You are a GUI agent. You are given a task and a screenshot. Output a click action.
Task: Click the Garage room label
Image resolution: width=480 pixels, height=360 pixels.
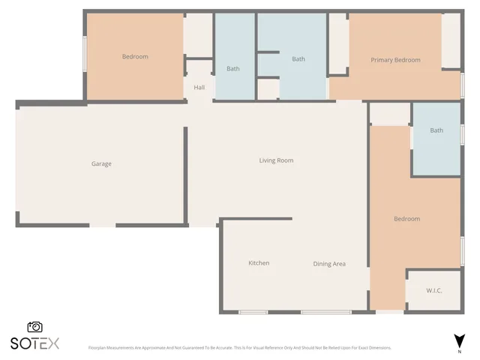point(101,163)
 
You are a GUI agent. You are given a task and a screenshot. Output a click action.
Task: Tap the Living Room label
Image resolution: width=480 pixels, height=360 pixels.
point(276,160)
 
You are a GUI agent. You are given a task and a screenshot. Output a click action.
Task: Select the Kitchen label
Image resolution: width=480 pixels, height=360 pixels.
point(259,263)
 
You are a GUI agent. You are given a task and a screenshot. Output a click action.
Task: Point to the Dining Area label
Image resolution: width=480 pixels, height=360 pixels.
point(329,264)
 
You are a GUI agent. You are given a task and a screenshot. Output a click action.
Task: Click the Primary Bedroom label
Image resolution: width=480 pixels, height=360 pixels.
point(395,60)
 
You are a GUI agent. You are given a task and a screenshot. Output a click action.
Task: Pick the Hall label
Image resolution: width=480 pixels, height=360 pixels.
point(199,88)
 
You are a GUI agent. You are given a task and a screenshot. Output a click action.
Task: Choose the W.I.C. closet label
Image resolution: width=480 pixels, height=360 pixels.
point(433,290)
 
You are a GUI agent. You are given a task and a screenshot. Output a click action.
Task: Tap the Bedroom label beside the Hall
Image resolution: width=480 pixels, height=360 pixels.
point(135,57)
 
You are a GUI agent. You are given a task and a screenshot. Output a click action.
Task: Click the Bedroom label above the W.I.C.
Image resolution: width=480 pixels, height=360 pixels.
point(407,219)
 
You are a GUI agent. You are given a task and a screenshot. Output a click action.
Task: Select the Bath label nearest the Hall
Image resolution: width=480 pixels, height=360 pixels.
point(233,69)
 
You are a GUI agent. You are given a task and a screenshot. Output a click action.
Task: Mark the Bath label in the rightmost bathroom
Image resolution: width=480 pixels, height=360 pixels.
point(436,130)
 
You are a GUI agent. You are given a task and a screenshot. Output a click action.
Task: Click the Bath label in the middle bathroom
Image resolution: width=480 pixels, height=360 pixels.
point(298,59)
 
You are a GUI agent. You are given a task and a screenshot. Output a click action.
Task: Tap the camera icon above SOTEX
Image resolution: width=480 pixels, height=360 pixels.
point(34,327)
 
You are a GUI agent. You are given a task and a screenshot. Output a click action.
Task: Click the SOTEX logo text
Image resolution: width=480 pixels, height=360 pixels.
point(34,343)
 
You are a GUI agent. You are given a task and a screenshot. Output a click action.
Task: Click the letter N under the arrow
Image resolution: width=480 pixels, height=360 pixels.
point(459,351)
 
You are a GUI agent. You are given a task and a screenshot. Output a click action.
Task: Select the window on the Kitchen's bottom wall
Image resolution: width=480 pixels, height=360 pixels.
point(253,312)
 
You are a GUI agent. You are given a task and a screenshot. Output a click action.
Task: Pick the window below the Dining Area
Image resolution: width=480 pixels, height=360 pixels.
point(326,312)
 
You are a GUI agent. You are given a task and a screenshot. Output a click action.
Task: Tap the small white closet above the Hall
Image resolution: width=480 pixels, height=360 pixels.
point(199,35)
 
